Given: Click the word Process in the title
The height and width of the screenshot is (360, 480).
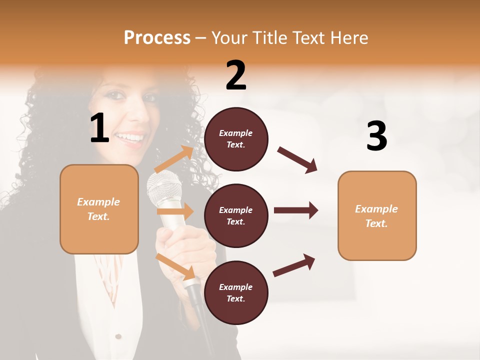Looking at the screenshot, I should pyautogui.click(x=157, y=38).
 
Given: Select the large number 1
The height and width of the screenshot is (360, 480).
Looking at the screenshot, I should pyautogui.click(x=99, y=128).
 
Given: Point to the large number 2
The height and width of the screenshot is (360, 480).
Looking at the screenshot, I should pyautogui.click(x=236, y=75).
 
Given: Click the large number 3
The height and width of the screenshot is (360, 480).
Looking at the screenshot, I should pyautogui.click(x=376, y=136).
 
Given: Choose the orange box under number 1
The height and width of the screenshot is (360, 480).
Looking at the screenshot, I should pyautogui.click(x=99, y=209).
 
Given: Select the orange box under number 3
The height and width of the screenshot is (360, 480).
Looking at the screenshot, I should pyautogui.click(x=377, y=215).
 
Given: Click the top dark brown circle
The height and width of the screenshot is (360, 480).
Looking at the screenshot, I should pyautogui.click(x=236, y=139).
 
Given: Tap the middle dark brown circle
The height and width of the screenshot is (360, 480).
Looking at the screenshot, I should pyautogui.click(x=236, y=215).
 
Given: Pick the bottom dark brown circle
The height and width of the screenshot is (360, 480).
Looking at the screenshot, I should pyautogui.click(x=236, y=292).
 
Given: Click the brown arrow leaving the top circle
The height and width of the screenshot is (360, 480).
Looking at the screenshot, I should pyautogui.click(x=297, y=159).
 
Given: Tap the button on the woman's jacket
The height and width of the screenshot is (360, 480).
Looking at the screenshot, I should pyautogui.click(x=118, y=336).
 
